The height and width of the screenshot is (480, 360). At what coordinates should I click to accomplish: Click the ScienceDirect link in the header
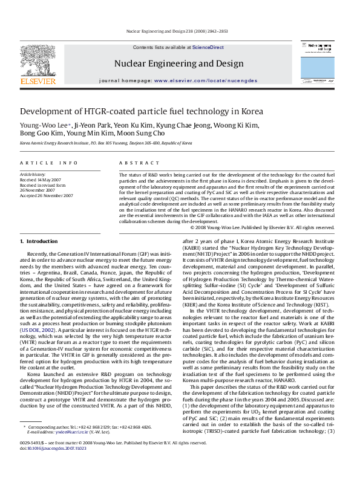click(208, 47)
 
